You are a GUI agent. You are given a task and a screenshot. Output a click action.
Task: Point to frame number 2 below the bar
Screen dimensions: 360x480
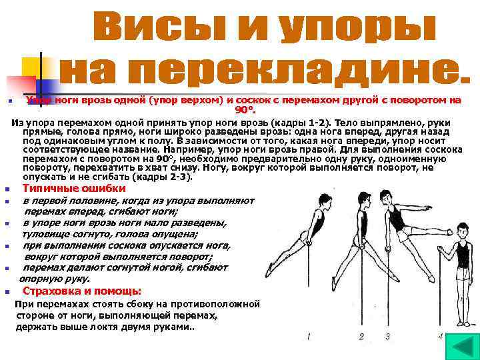361,336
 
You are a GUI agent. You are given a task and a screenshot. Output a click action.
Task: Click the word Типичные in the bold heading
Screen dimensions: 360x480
47,189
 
